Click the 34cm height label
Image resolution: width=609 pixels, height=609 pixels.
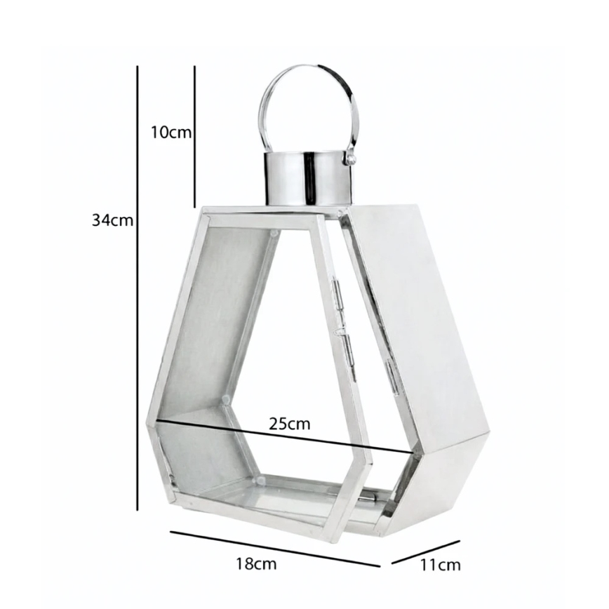click(112, 220)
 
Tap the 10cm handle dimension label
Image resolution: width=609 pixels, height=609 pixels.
click(171, 133)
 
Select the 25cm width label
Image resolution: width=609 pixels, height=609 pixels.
click(290, 424)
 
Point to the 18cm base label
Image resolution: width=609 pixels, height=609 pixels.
click(256, 563)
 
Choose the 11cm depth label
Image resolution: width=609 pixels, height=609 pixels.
click(440, 565)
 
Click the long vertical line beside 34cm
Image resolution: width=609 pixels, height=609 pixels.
click(138, 288)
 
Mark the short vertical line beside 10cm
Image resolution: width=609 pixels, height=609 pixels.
click(194, 137)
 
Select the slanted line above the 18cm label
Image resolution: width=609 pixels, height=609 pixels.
click(275, 549)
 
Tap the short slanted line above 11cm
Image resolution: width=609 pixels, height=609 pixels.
click(426, 552)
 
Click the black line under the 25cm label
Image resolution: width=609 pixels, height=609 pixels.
click(284, 436)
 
